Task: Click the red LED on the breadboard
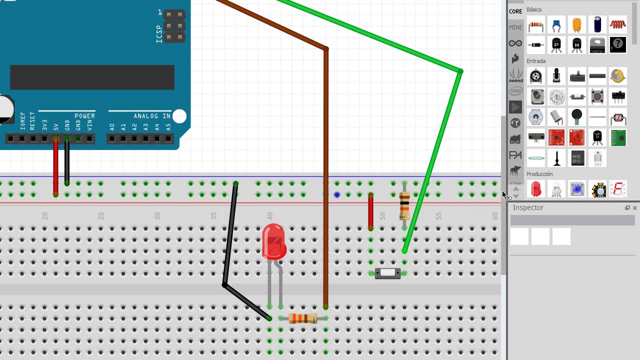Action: tap(273, 241)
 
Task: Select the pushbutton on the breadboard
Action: tap(388, 273)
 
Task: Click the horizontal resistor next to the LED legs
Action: tap(303, 318)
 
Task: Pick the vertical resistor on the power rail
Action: tap(404, 205)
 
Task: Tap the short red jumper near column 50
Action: tap(370, 211)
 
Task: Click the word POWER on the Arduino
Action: tap(84, 116)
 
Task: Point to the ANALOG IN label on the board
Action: tap(152, 116)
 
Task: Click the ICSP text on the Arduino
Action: tap(159, 33)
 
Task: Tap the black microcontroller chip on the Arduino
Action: tap(92, 77)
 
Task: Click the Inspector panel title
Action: tap(528, 207)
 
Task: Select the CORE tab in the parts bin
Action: tap(515, 11)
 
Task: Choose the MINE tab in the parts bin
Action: tap(515, 27)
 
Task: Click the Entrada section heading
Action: tap(536, 61)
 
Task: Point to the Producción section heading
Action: tap(539, 174)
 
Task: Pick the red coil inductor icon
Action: tap(618, 24)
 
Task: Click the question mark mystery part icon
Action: tap(618, 44)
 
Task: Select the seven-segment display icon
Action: tap(618, 189)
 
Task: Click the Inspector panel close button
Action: tap(635, 208)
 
